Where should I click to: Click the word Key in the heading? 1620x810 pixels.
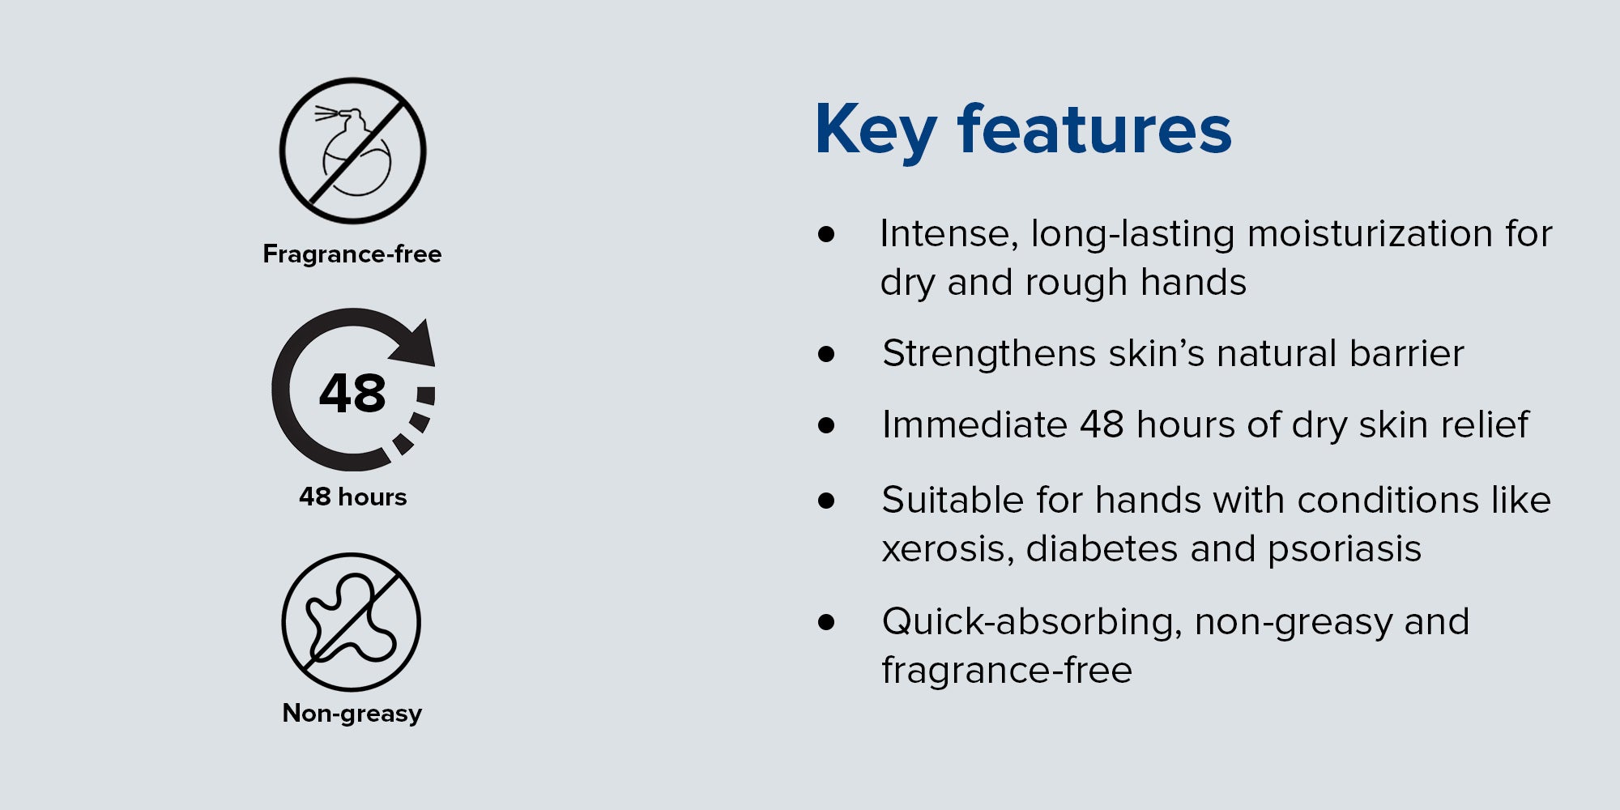coord(876,131)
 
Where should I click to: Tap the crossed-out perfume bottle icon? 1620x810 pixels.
coord(353,151)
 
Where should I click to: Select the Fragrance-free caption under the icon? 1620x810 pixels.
coord(352,254)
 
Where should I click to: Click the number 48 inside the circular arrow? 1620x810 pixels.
coord(352,394)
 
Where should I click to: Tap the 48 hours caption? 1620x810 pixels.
coord(352,497)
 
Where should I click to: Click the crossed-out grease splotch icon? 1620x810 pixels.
coord(352,622)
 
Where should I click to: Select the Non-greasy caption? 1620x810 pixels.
coord(352,714)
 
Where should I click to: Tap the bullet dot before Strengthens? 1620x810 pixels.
coord(826,354)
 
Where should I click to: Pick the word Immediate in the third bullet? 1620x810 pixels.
coord(974,424)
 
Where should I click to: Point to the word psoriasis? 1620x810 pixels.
coord(1345,549)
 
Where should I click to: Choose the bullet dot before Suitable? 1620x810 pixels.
coord(826,501)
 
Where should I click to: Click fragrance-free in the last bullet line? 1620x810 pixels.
coord(1007,671)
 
